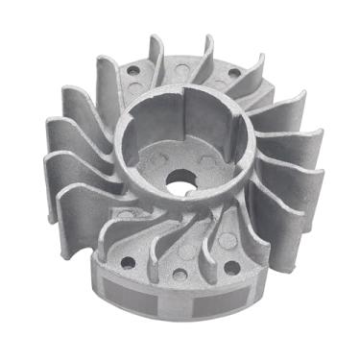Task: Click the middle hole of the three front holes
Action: [x=180, y=276]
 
